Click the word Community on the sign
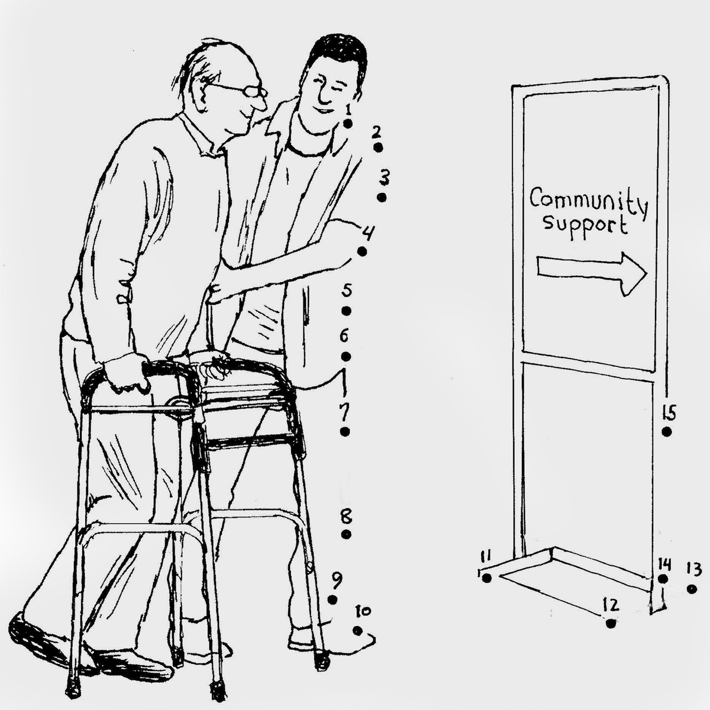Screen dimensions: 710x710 588,205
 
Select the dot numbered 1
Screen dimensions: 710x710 347,124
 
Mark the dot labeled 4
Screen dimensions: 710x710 362,251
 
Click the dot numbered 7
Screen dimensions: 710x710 345,431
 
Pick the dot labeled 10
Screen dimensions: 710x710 357,631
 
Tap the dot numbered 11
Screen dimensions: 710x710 487,578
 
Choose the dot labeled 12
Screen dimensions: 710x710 611,624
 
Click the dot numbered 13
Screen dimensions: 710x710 692,589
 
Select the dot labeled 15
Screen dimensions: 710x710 667,432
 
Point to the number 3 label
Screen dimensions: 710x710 385,177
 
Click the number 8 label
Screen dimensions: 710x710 346,517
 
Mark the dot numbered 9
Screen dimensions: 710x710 333,600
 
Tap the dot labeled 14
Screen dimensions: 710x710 663,579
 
